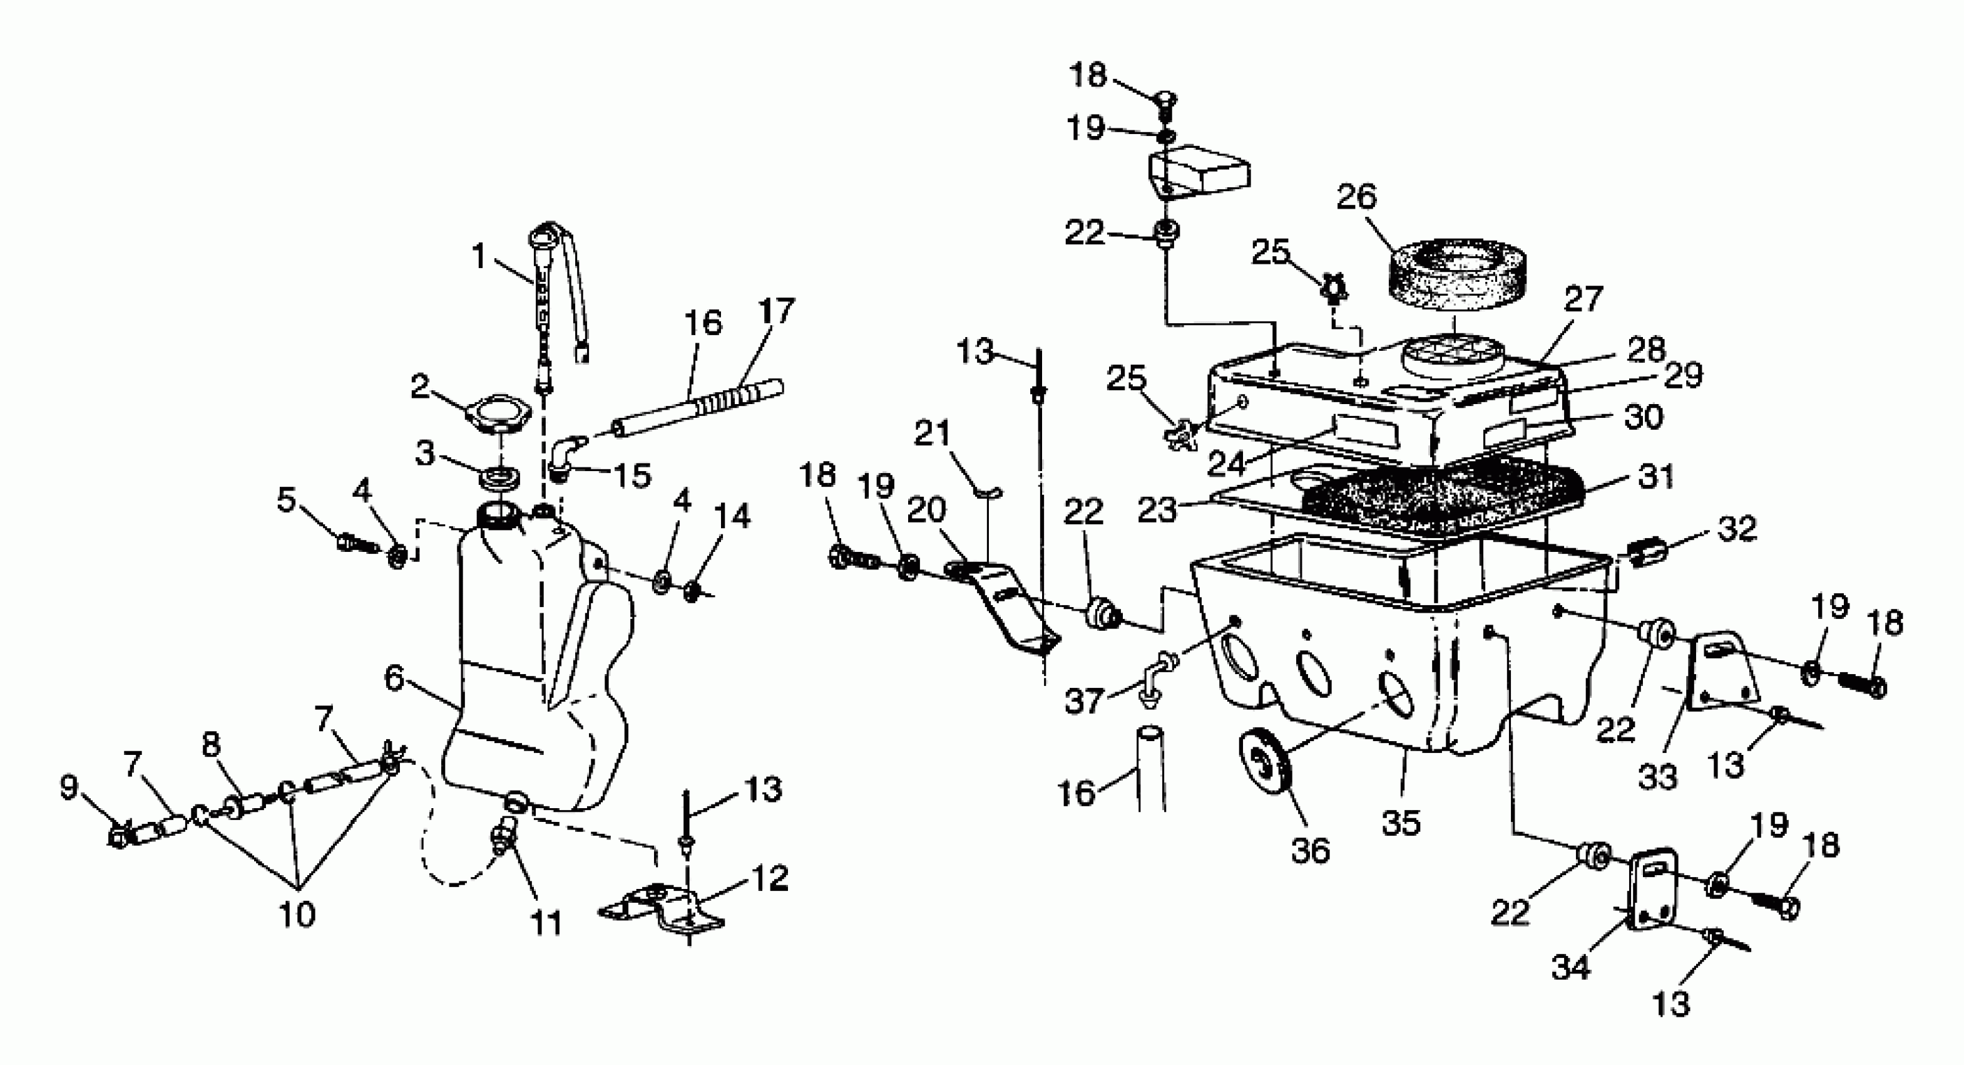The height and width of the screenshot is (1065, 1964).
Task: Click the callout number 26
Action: point(1357,197)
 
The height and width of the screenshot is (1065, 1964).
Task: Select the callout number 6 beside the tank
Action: point(394,677)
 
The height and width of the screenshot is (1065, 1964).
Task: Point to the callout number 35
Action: point(1401,823)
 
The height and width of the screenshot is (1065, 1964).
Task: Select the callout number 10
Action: point(297,914)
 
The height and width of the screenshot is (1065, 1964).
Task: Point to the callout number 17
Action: point(776,311)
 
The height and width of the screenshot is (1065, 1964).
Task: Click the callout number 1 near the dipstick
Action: point(479,256)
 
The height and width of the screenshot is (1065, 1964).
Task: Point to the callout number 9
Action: point(69,787)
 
